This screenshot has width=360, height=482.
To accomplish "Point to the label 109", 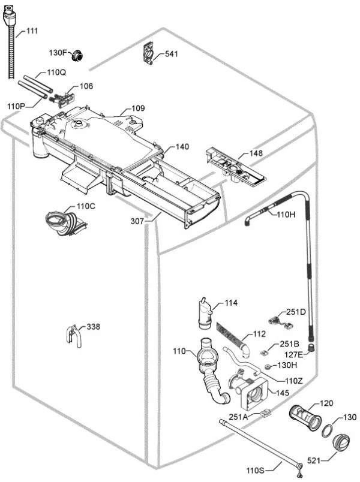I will tap(138, 109).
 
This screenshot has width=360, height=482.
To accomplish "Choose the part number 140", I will tap(182, 146).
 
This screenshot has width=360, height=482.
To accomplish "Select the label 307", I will tap(137, 221).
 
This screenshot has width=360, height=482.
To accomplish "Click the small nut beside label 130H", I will tap(266, 365).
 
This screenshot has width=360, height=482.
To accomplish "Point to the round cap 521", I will tap(343, 445).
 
